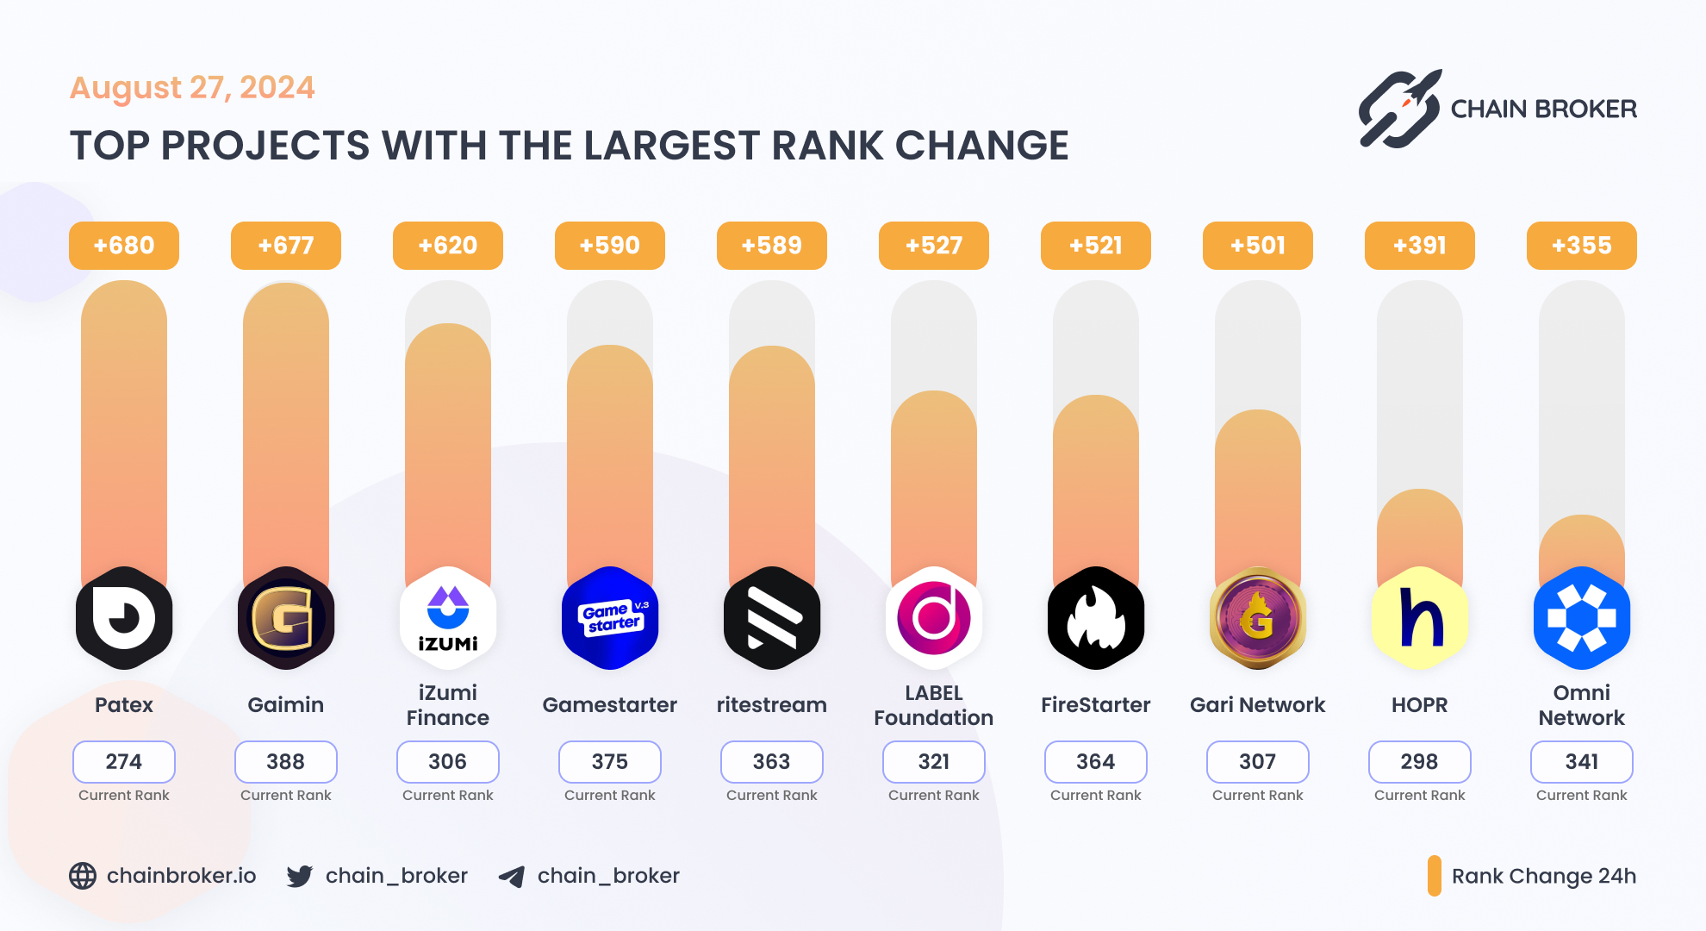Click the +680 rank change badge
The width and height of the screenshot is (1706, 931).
click(x=124, y=246)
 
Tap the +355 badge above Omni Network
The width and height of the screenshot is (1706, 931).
click(x=1581, y=246)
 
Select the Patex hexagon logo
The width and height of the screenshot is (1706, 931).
click(x=124, y=618)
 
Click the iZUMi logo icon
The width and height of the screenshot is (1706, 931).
click(x=448, y=618)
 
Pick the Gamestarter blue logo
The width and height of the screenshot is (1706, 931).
click(x=610, y=618)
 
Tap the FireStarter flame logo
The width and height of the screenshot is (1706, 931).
click(x=1096, y=618)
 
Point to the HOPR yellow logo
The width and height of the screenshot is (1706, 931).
click(x=1420, y=618)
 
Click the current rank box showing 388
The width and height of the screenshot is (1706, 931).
click(x=286, y=761)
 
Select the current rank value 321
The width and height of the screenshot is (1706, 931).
click(x=934, y=761)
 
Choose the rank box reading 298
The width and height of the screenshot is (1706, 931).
click(x=1420, y=761)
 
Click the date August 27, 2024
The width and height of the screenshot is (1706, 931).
click(x=192, y=88)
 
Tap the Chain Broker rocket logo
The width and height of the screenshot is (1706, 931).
click(x=1399, y=109)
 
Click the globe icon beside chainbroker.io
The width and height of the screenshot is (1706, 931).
click(x=83, y=876)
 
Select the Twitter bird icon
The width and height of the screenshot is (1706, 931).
click(x=299, y=876)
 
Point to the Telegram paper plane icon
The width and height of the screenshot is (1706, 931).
click(x=512, y=877)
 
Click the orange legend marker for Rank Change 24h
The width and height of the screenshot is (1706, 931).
click(x=1435, y=876)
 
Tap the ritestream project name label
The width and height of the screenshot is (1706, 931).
click(x=772, y=705)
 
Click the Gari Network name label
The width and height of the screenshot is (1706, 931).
click(x=1258, y=705)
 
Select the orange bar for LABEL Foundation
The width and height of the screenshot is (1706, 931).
click(x=934, y=483)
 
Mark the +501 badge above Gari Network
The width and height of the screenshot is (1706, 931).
click(x=1258, y=246)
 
